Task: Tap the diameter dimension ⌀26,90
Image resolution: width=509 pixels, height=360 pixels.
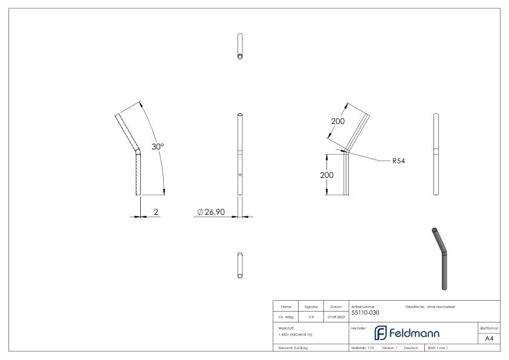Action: point(215,212)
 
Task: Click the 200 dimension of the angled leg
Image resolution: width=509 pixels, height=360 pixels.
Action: point(337,122)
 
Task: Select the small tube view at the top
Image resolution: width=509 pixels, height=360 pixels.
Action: point(241,47)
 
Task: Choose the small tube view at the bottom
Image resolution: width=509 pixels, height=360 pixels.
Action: point(241,266)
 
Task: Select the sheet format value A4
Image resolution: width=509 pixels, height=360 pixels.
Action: point(489,339)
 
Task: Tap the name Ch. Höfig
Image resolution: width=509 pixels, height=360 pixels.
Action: point(285,316)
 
